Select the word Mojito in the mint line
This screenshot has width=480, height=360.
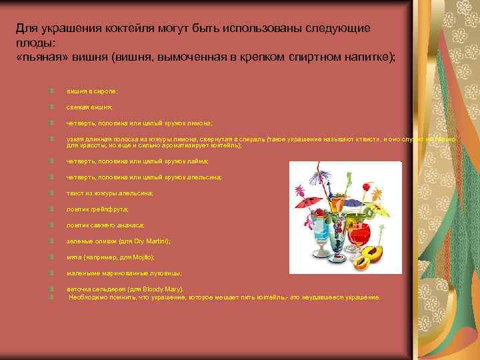(142, 257)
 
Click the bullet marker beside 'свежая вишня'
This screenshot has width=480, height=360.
(51, 107)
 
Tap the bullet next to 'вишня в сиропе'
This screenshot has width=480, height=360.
(51, 91)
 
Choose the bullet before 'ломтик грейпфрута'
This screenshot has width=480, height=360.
(51, 209)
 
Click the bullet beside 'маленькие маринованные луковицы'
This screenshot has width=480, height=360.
(51, 273)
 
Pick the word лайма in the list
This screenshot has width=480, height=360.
(199, 161)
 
